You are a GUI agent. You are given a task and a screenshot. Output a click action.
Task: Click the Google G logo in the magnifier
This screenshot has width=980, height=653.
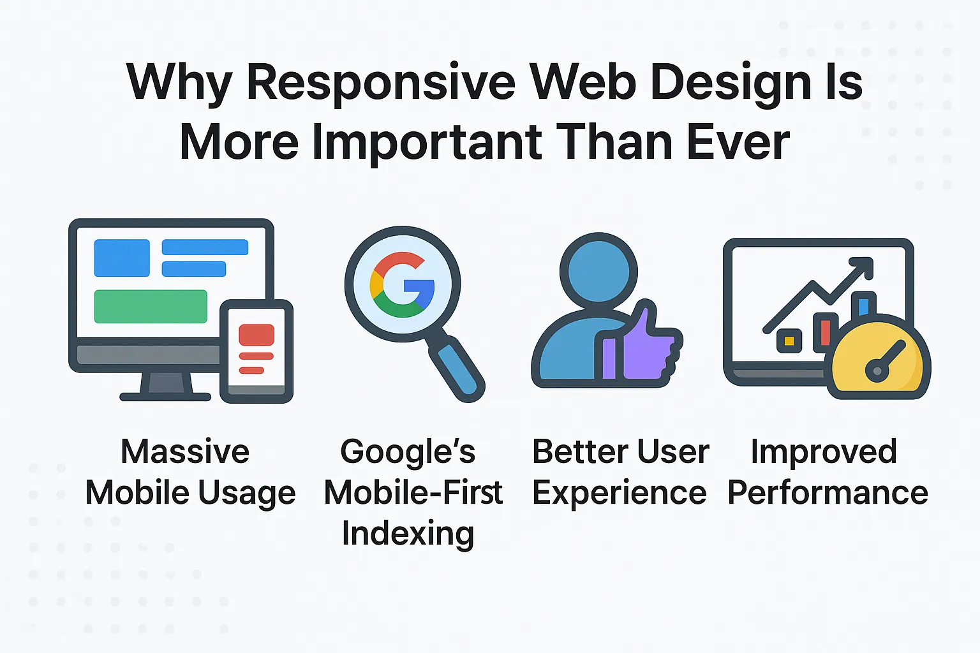tap(403, 284)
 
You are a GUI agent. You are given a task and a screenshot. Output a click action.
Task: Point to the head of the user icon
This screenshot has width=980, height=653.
tap(598, 270)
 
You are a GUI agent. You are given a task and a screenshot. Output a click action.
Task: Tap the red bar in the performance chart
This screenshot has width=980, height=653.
tap(825, 332)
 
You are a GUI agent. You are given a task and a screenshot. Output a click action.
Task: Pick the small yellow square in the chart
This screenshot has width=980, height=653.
tap(789, 341)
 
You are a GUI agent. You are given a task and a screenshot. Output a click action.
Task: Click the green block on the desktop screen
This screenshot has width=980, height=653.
tap(151, 307)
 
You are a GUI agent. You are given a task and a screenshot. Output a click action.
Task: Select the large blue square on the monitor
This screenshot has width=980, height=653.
tap(122, 258)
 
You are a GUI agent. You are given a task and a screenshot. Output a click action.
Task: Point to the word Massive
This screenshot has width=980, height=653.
tap(185, 451)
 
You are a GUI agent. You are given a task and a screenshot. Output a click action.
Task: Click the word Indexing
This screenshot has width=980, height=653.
tap(408, 533)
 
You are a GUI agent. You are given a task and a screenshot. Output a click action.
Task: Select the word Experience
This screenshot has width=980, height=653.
tap(619, 493)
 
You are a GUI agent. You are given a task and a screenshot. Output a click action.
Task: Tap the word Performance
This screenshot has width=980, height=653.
tap(828, 493)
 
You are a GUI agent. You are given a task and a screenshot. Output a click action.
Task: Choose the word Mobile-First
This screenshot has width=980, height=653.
tap(413, 493)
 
